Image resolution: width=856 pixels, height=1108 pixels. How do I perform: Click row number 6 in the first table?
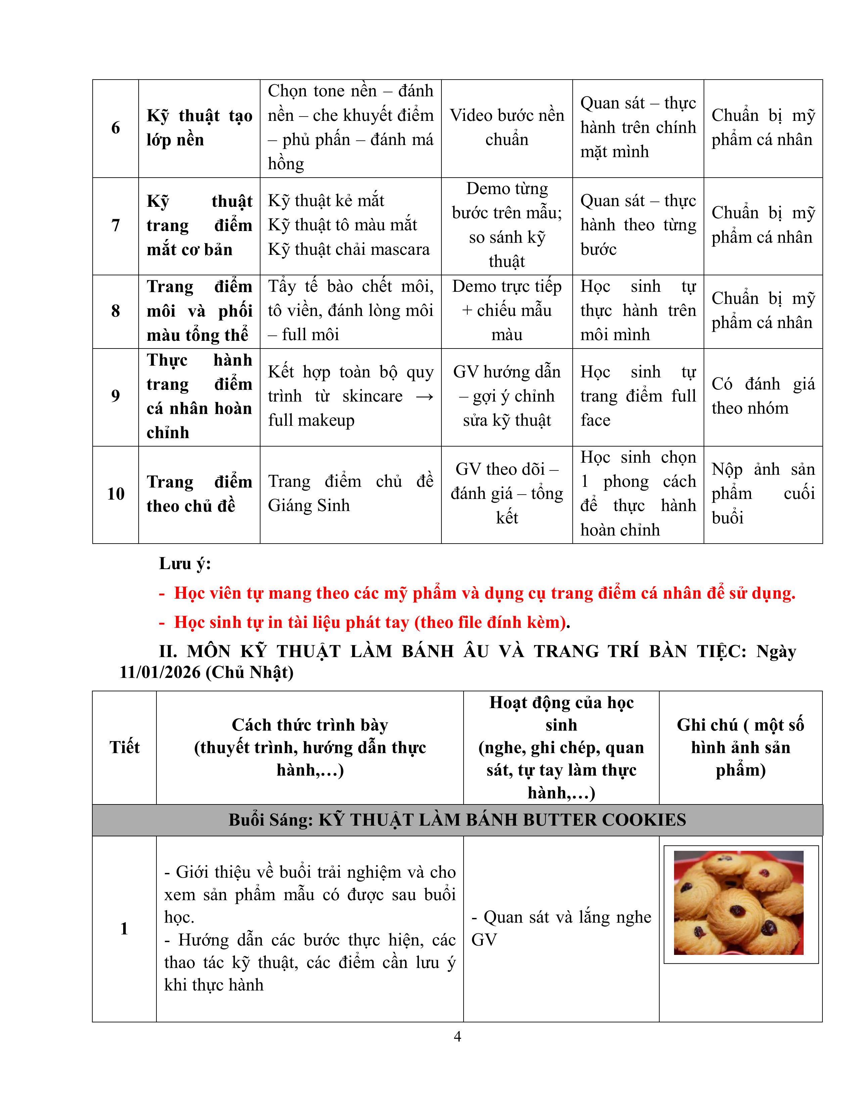click(115, 128)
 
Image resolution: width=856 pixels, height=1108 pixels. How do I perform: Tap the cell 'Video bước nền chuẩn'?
click(507, 127)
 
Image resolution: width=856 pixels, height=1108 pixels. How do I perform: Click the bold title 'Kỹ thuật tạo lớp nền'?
click(199, 127)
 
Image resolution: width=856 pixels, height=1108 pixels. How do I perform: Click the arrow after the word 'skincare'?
click(424, 396)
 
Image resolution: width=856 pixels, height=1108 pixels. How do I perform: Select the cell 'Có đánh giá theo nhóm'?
click(763, 396)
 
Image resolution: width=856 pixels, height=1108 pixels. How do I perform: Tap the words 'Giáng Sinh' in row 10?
click(309, 506)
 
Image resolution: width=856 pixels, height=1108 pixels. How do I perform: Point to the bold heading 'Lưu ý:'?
click(185, 564)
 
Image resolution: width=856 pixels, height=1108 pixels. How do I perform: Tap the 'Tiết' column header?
click(124, 747)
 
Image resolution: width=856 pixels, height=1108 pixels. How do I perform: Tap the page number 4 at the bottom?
click(458, 1036)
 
